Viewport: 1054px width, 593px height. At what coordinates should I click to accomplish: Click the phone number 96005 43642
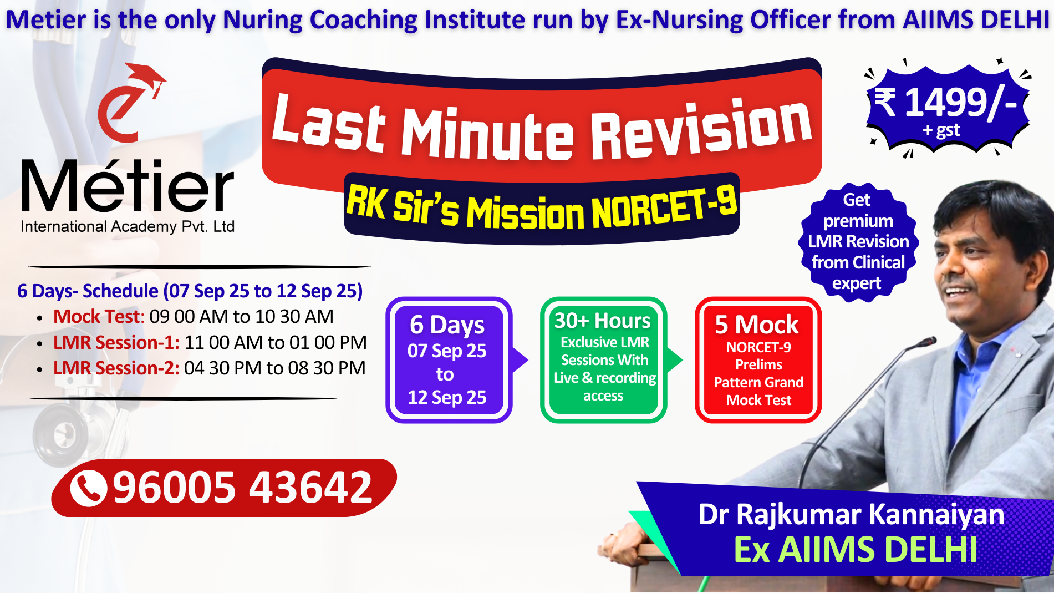pyautogui.click(x=242, y=488)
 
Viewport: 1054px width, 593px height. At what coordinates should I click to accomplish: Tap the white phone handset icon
pyautogui.click(x=89, y=488)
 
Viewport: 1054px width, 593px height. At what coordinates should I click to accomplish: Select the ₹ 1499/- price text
pyautogui.click(x=946, y=103)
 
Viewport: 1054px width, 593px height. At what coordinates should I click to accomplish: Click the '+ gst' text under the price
pyautogui.click(x=941, y=130)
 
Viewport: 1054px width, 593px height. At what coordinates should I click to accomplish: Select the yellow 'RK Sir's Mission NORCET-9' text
pyautogui.click(x=541, y=208)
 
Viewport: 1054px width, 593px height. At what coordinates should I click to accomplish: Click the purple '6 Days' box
pyautogui.click(x=449, y=360)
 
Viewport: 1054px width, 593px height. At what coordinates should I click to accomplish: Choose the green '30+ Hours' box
pyautogui.click(x=603, y=360)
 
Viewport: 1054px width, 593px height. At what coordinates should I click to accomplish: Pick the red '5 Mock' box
pyautogui.click(x=758, y=360)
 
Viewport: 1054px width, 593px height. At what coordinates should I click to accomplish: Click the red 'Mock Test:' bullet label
pyautogui.click(x=99, y=316)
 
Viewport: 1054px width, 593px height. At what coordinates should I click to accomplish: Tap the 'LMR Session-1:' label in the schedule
pyautogui.click(x=116, y=342)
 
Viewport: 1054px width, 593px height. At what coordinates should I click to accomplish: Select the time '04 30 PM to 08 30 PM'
pyautogui.click(x=275, y=368)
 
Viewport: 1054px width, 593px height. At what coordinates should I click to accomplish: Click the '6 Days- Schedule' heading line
pyautogui.click(x=190, y=291)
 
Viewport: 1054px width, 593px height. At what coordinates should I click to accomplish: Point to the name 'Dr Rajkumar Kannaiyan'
pyautogui.click(x=851, y=515)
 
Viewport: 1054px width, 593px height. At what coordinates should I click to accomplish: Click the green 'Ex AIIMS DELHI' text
pyautogui.click(x=856, y=550)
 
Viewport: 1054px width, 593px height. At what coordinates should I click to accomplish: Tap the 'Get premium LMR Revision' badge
pyautogui.click(x=858, y=242)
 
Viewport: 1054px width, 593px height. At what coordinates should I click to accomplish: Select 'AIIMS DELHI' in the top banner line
pyautogui.click(x=976, y=19)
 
